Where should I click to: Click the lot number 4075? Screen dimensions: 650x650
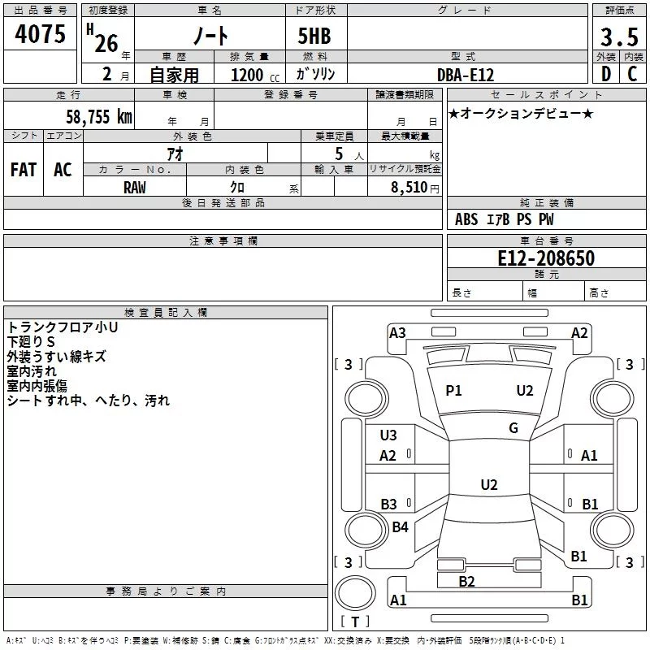pos(40,34)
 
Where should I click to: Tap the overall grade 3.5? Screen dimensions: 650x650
pos(619,37)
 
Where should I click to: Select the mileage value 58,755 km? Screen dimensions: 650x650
pos(99,116)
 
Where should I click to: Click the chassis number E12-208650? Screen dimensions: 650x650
pos(546,258)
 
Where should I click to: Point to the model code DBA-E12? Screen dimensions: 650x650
pos(466,75)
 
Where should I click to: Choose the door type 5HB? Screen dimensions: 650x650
pos(314,36)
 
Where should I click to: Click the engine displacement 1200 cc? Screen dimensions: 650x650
pos(255,75)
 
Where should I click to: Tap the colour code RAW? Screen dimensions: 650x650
pos(135,188)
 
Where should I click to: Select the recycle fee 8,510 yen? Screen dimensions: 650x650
pos(415,188)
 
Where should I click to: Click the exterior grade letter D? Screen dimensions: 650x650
pos(606,74)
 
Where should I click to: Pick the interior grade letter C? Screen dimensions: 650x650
pos(632,74)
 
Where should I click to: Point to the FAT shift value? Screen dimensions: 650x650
pos(24,170)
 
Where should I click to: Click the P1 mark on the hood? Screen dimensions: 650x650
pos(453,391)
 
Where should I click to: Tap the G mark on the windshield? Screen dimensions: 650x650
pos(513,428)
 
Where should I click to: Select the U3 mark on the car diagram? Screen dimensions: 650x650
pos(388,435)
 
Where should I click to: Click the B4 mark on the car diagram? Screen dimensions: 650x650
pos(400,526)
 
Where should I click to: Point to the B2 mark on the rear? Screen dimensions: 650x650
pos(466,582)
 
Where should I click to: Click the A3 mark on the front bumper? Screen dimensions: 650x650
pos(397,333)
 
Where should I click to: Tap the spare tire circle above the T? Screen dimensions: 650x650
pos(355,593)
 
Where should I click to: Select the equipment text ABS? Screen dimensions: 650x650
pos(466,219)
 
